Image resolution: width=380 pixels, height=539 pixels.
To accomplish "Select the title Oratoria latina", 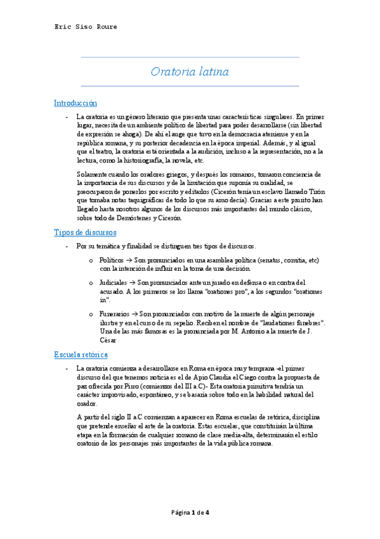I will click(x=190, y=72).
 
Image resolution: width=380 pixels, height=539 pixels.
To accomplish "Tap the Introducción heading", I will click(x=75, y=103).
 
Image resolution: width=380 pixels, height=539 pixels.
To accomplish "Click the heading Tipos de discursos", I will click(x=84, y=233).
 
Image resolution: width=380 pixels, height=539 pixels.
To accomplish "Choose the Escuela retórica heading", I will click(x=81, y=354).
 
